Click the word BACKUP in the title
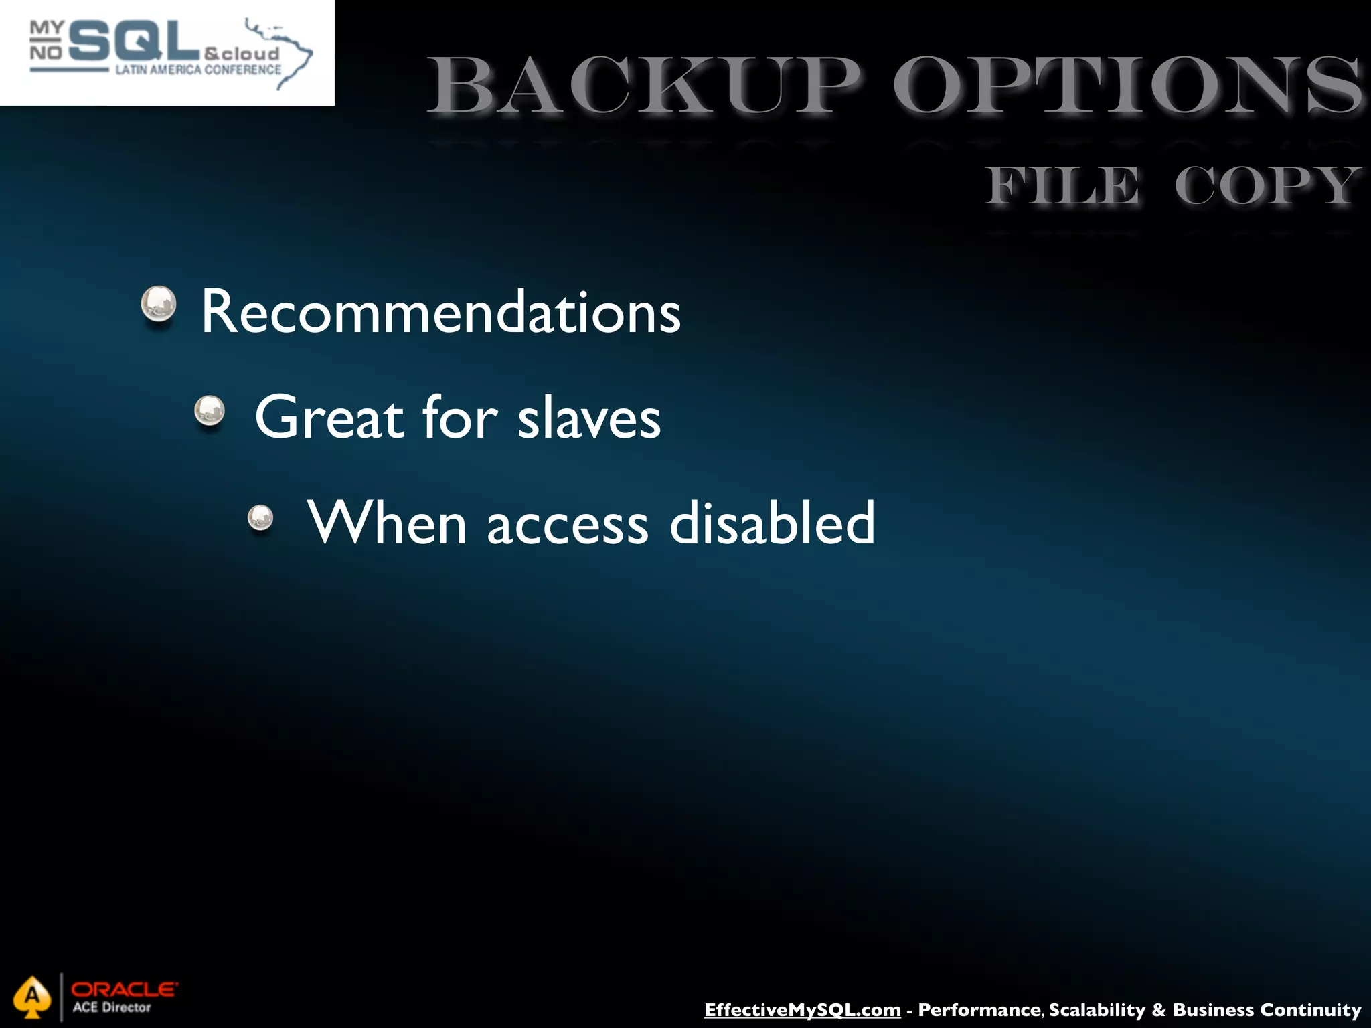[x=643, y=87]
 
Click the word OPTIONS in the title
[x=1128, y=87]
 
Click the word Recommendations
[x=440, y=312]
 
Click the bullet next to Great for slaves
[x=210, y=410]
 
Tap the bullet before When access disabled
[x=260, y=517]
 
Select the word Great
[x=329, y=418]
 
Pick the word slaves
[x=589, y=418]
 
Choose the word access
[x=568, y=524]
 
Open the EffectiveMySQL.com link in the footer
[x=802, y=1009]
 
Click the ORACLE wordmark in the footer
[x=125, y=989]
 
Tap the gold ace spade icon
[x=31, y=997]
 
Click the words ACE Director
[x=112, y=1007]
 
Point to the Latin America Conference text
[x=198, y=70]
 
